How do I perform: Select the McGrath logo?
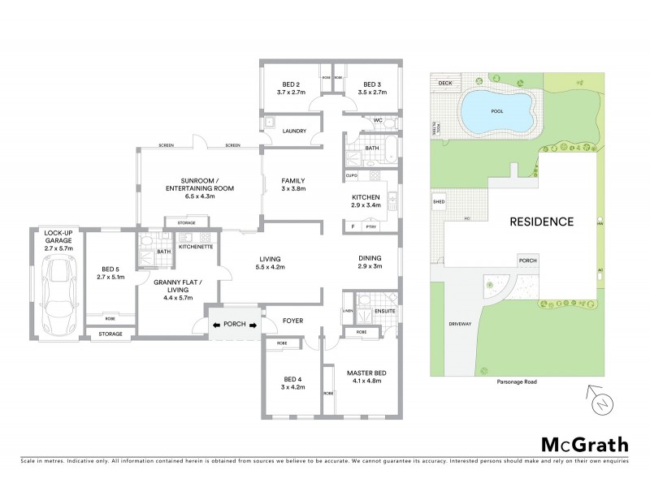coord(584,444)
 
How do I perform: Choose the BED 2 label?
coord(292,84)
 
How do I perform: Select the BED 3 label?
coord(372,84)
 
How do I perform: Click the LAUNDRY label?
coord(293,131)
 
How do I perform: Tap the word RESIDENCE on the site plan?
coord(541,221)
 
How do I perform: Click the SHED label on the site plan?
coord(439,202)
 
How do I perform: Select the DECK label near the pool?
coord(444,83)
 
